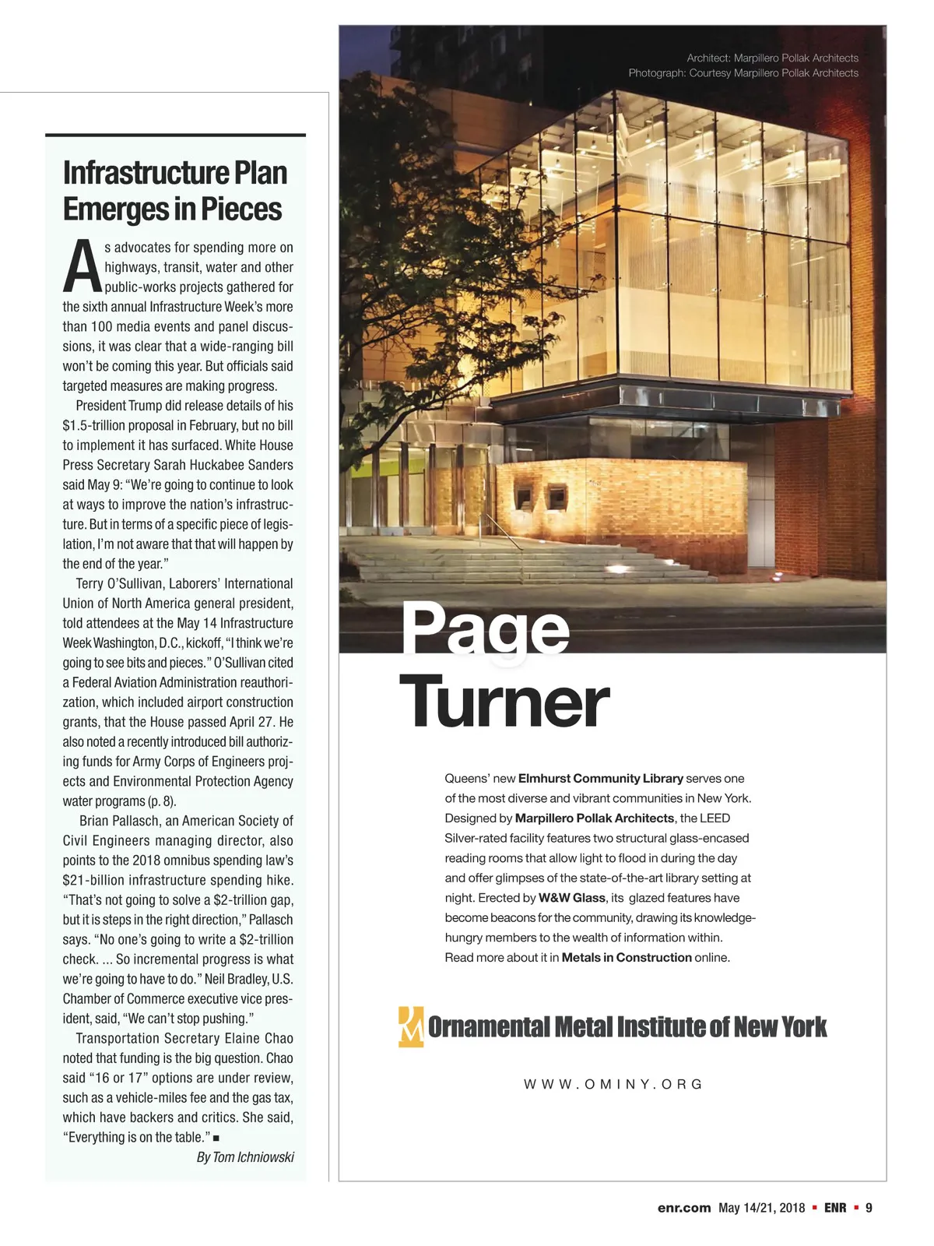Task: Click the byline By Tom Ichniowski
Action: click(245, 1157)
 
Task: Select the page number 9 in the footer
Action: click(869, 1208)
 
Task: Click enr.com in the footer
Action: click(684, 1208)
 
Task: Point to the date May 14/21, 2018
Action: click(761, 1208)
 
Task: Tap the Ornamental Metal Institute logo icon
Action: click(411, 1026)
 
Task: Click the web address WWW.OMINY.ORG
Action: click(613, 1084)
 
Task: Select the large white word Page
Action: click(486, 629)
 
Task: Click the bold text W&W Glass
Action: click(572, 898)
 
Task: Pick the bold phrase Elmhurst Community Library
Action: click(600, 779)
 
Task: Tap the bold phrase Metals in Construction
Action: click(627, 958)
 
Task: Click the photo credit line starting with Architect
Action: click(772, 58)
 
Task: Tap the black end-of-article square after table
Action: click(216, 1139)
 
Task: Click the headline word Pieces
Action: click(241, 209)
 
